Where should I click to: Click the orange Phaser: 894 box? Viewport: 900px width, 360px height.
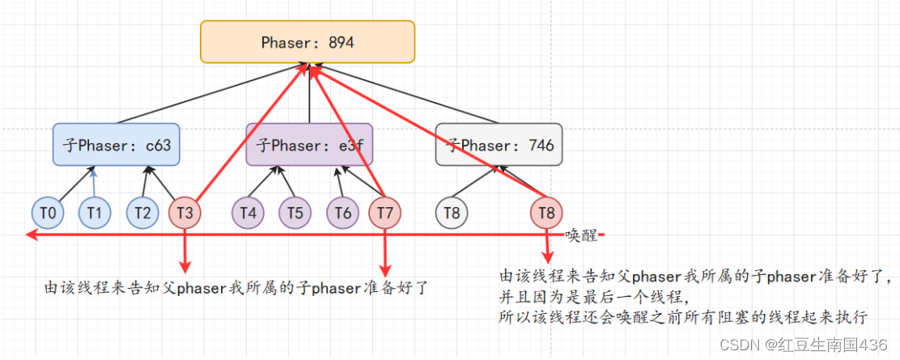coord(308,42)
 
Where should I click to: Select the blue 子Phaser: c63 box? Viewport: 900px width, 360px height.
coord(116,145)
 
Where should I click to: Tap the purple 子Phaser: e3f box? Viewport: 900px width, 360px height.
coord(309,145)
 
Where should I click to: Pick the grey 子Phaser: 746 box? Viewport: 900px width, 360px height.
coord(499,145)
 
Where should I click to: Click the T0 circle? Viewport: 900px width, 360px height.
coord(48,213)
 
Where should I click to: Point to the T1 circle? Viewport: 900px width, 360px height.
coord(95,213)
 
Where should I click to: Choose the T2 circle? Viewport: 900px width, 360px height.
coord(142,213)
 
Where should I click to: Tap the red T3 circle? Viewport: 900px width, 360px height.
coord(185,213)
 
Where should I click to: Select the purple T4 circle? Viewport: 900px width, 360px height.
coord(248,213)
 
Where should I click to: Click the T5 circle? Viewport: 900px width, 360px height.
coord(295,213)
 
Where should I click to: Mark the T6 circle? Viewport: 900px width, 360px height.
coord(343,213)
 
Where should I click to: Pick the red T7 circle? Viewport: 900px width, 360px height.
coord(384,213)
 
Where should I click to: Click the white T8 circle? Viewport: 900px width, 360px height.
coord(452,213)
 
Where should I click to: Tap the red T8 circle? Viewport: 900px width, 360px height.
coord(547,213)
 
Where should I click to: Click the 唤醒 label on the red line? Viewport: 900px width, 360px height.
coord(581,235)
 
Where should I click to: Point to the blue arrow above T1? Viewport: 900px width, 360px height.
coord(94,181)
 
